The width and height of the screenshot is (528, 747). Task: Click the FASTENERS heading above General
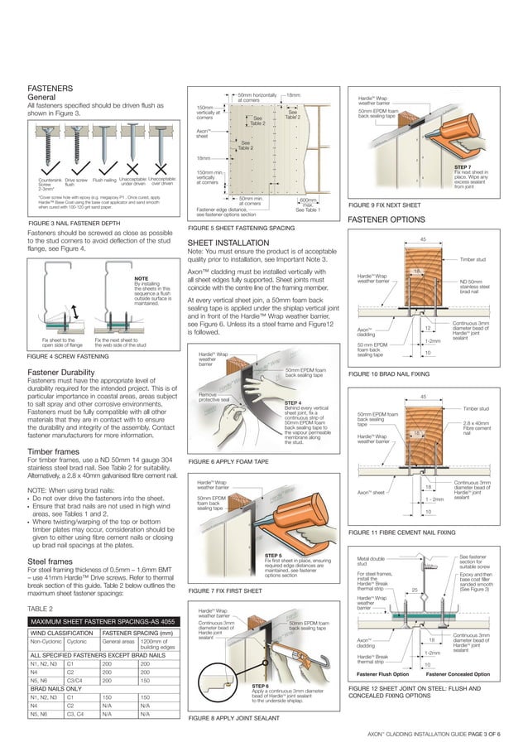(55, 87)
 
